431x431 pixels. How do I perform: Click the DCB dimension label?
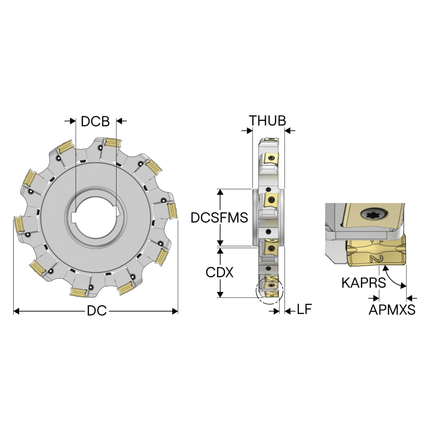95,122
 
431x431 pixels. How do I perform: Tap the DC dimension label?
97,311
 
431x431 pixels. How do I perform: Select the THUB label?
267,121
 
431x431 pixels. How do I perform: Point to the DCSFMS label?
220,217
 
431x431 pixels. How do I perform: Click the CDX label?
220,272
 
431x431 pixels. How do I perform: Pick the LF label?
304,309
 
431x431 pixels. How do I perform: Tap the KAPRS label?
364,283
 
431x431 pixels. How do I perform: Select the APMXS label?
392,310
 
